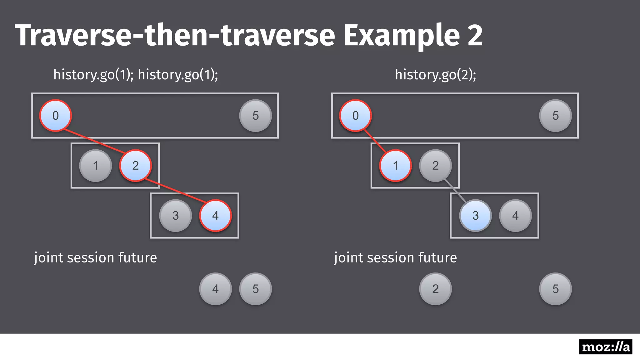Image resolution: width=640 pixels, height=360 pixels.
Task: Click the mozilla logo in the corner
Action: coord(605,347)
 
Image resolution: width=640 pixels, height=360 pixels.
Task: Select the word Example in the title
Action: coord(401,35)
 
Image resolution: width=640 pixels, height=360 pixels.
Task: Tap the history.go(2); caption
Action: coord(435,75)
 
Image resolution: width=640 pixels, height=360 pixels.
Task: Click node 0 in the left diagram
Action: coord(56,116)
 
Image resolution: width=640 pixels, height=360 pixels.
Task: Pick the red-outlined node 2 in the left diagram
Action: coord(135,166)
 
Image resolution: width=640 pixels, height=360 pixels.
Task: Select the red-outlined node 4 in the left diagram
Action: coord(215,216)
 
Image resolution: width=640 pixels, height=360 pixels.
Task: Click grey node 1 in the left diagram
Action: coord(96,166)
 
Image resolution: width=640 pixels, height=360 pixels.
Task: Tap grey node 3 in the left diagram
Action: coord(176,216)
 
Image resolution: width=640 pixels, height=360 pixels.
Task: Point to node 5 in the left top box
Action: coord(255,116)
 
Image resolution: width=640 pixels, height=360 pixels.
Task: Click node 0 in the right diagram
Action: coord(356,116)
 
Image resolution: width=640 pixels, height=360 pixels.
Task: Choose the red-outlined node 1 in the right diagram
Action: coord(395,166)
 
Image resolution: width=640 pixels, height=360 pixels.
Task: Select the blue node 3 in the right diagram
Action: coord(475,216)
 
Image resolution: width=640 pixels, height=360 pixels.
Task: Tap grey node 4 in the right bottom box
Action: coord(515,216)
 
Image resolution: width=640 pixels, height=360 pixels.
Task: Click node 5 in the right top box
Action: coord(555,116)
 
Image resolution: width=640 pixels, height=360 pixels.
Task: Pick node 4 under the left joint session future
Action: coord(215,289)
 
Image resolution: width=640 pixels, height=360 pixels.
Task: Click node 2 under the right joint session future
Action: coord(435,289)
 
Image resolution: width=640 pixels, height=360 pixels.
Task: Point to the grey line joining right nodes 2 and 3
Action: coord(455,190)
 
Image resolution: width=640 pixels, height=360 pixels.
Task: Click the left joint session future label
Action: coord(95,258)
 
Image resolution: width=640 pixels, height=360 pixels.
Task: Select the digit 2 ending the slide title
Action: coord(475,35)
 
